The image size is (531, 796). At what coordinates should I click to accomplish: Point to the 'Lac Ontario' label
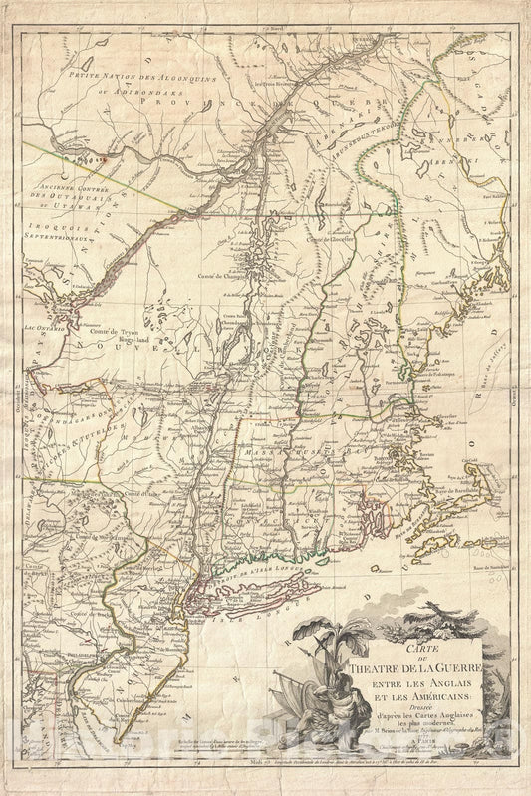[42, 327]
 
